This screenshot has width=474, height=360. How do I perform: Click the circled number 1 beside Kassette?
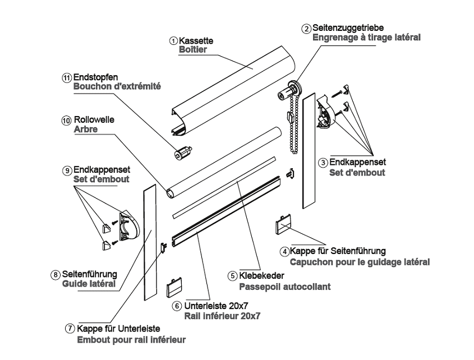click(x=174, y=41)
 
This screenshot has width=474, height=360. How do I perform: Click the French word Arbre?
click(x=85, y=130)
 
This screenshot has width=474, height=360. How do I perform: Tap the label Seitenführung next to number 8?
click(x=90, y=274)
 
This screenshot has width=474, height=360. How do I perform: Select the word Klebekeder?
click(x=262, y=276)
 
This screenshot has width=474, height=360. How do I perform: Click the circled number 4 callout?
click(x=285, y=251)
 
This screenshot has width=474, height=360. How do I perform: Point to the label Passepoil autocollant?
click(x=284, y=286)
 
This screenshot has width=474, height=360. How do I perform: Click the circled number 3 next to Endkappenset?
click(x=323, y=163)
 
